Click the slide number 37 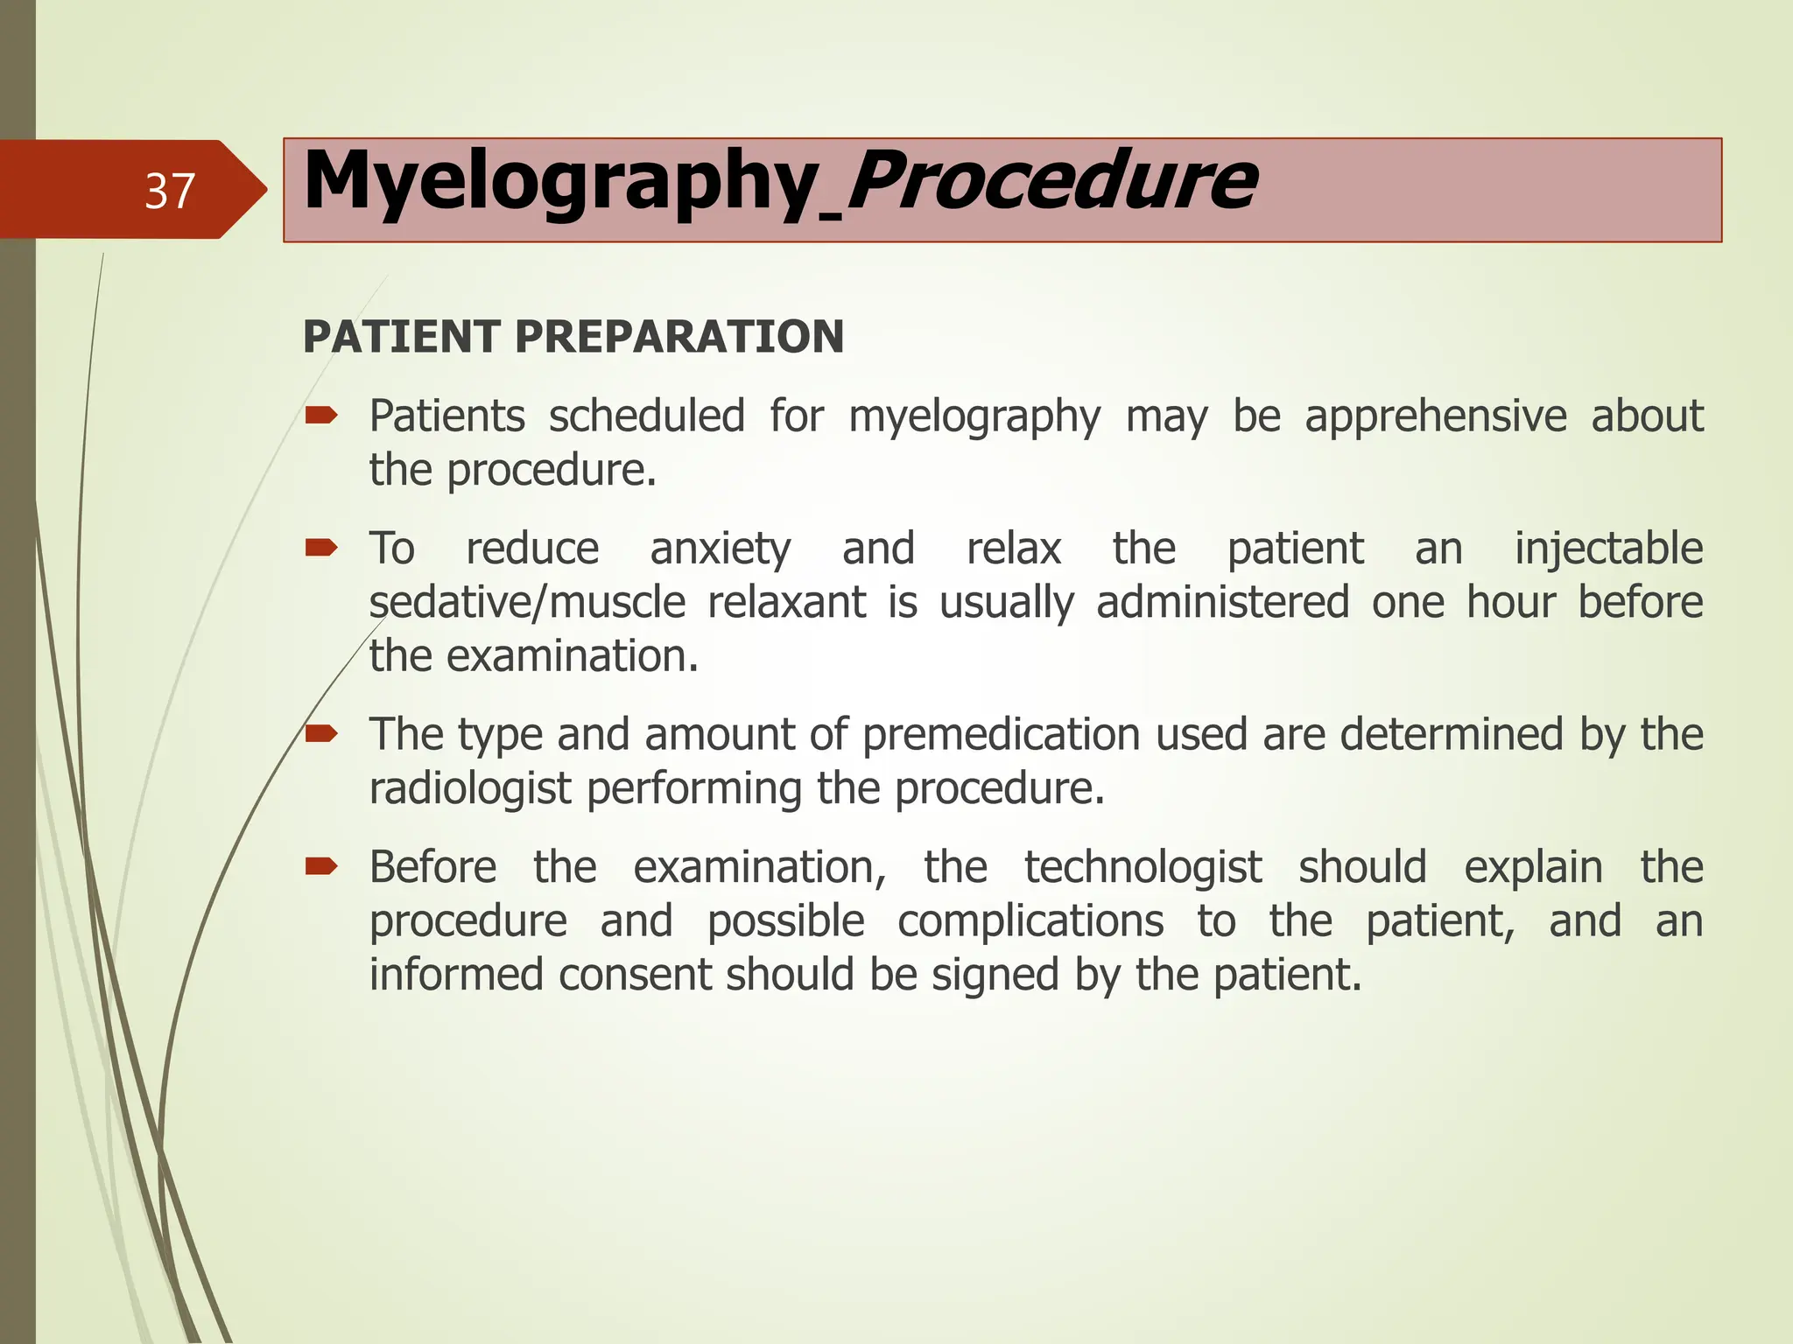point(169,191)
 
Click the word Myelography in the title point(560,182)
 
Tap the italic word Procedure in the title point(1051,182)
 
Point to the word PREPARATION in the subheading point(679,337)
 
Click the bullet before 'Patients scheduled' point(321,416)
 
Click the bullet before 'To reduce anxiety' point(321,549)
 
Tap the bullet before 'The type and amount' point(321,733)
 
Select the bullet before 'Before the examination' point(321,867)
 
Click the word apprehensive point(1435,416)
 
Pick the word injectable point(1608,549)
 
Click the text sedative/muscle point(527,603)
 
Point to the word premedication point(1001,735)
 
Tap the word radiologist point(470,789)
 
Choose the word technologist point(1143,868)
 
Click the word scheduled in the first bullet point(646,416)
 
